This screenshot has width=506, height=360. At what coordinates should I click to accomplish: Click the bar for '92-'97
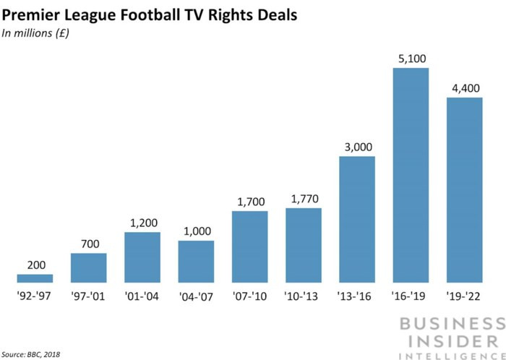[x=35, y=278]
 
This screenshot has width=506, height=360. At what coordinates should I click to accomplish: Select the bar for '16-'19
[x=411, y=175]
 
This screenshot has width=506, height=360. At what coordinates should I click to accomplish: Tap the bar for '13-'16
[x=357, y=219]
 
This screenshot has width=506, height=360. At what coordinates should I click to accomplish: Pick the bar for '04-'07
[x=196, y=261]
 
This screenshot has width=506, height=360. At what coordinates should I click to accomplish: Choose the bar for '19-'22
[x=464, y=189]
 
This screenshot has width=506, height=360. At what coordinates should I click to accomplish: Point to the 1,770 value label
[x=304, y=199]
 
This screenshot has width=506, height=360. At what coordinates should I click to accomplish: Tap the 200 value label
[x=35, y=265]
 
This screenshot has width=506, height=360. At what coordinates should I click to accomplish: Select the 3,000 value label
[x=357, y=147]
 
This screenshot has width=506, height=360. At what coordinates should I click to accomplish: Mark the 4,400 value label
[x=464, y=88]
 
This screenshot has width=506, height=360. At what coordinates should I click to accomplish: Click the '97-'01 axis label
[x=89, y=296]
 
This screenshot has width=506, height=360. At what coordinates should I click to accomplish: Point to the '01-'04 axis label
[x=142, y=296]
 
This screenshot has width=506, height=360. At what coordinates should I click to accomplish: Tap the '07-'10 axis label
[x=250, y=296]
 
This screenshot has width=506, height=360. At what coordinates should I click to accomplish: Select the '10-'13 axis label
[x=304, y=296]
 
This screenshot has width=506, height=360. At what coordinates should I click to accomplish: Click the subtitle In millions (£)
[x=35, y=33]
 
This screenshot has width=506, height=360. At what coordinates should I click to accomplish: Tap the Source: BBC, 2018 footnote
[x=33, y=353]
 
